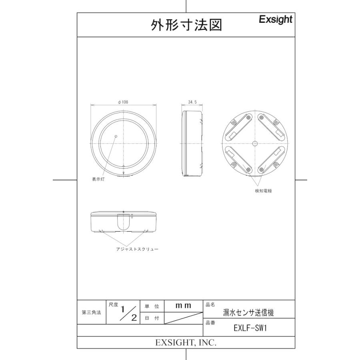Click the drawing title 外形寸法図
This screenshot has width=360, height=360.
coord(186,25)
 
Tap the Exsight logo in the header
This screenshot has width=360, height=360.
coord(276,19)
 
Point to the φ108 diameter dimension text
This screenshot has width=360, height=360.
coord(123,102)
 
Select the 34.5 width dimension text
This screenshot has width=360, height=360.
coord(192,102)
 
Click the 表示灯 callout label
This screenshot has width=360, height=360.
coord(98,180)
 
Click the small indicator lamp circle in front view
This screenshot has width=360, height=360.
coord(116,136)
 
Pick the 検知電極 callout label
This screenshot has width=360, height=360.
coord(264,191)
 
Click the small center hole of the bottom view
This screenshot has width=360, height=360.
coord(255,143)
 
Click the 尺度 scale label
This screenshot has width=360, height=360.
coord(113,305)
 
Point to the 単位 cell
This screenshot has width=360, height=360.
coord(152,306)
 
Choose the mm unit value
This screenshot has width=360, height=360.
coord(184,306)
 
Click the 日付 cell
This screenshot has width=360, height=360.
coord(152,318)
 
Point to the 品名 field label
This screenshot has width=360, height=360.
coord(210,304)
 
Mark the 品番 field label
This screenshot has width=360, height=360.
coord(210,322)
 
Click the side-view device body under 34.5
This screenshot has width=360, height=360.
coord(192,143)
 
